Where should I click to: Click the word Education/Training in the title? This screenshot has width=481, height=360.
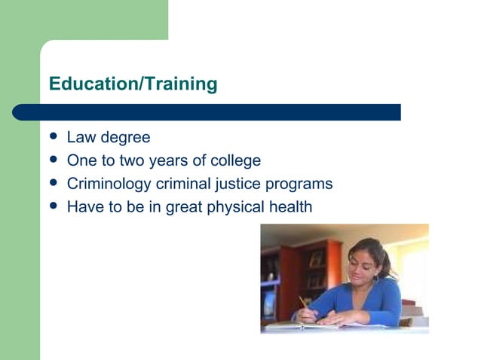[133, 84]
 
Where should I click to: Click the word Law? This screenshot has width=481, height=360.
[81, 138]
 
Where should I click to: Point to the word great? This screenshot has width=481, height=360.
[184, 207]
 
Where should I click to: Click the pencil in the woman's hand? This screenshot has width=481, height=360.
[304, 303]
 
